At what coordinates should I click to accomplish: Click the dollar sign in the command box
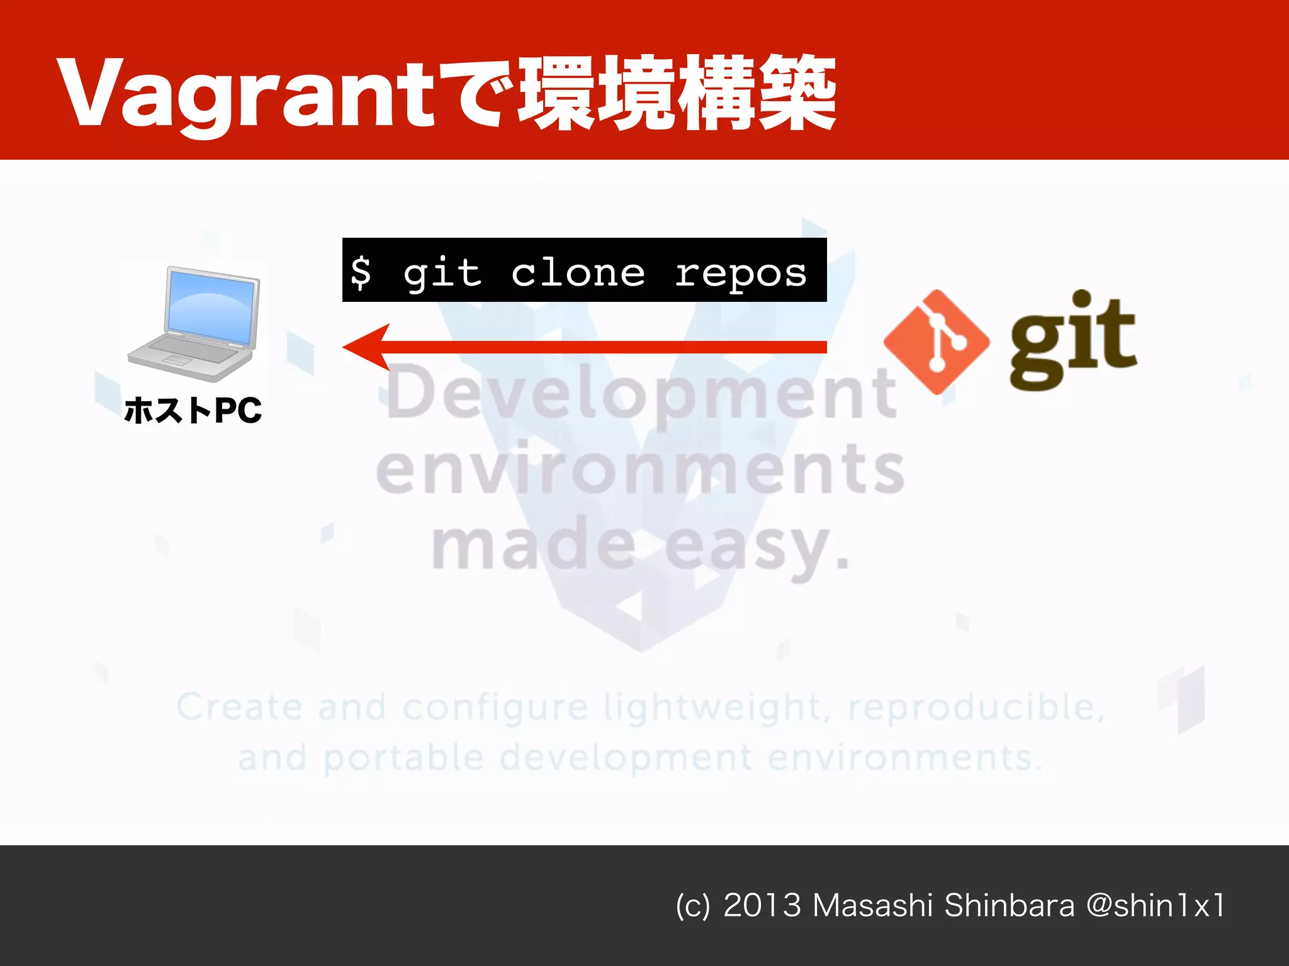pyautogui.click(x=361, y=272)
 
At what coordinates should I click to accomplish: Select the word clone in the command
pyautogui.click(x=578, y=272)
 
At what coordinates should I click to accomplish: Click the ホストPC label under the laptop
pyautogui.click(x=193, y=411)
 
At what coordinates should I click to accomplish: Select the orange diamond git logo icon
pyautogui.click(x=936, y=341)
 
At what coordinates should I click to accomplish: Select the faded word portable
pyautogui.click(x=403, y=758)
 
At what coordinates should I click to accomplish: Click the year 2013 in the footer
pyautogui.click(x=762, y=906)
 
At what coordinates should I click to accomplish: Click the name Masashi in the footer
pyautogui.click(x=872, y=906)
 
